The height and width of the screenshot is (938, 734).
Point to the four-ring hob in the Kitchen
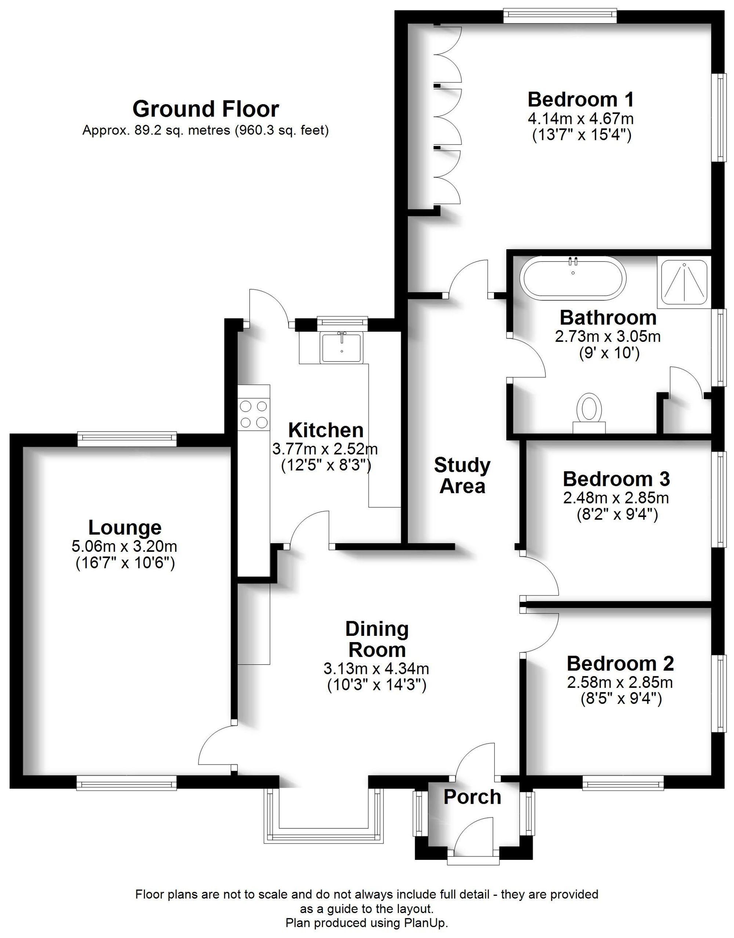pos(254,414)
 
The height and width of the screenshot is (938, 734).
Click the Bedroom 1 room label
pos(581,100)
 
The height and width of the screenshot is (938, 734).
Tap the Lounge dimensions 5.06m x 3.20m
pos(125,547)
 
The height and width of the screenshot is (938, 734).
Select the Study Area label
pos(462,476)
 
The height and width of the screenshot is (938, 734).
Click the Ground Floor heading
pos(206,109)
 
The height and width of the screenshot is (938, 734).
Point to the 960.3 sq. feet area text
pos(281,130)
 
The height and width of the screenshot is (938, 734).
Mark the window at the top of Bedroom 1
pos(560,17)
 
